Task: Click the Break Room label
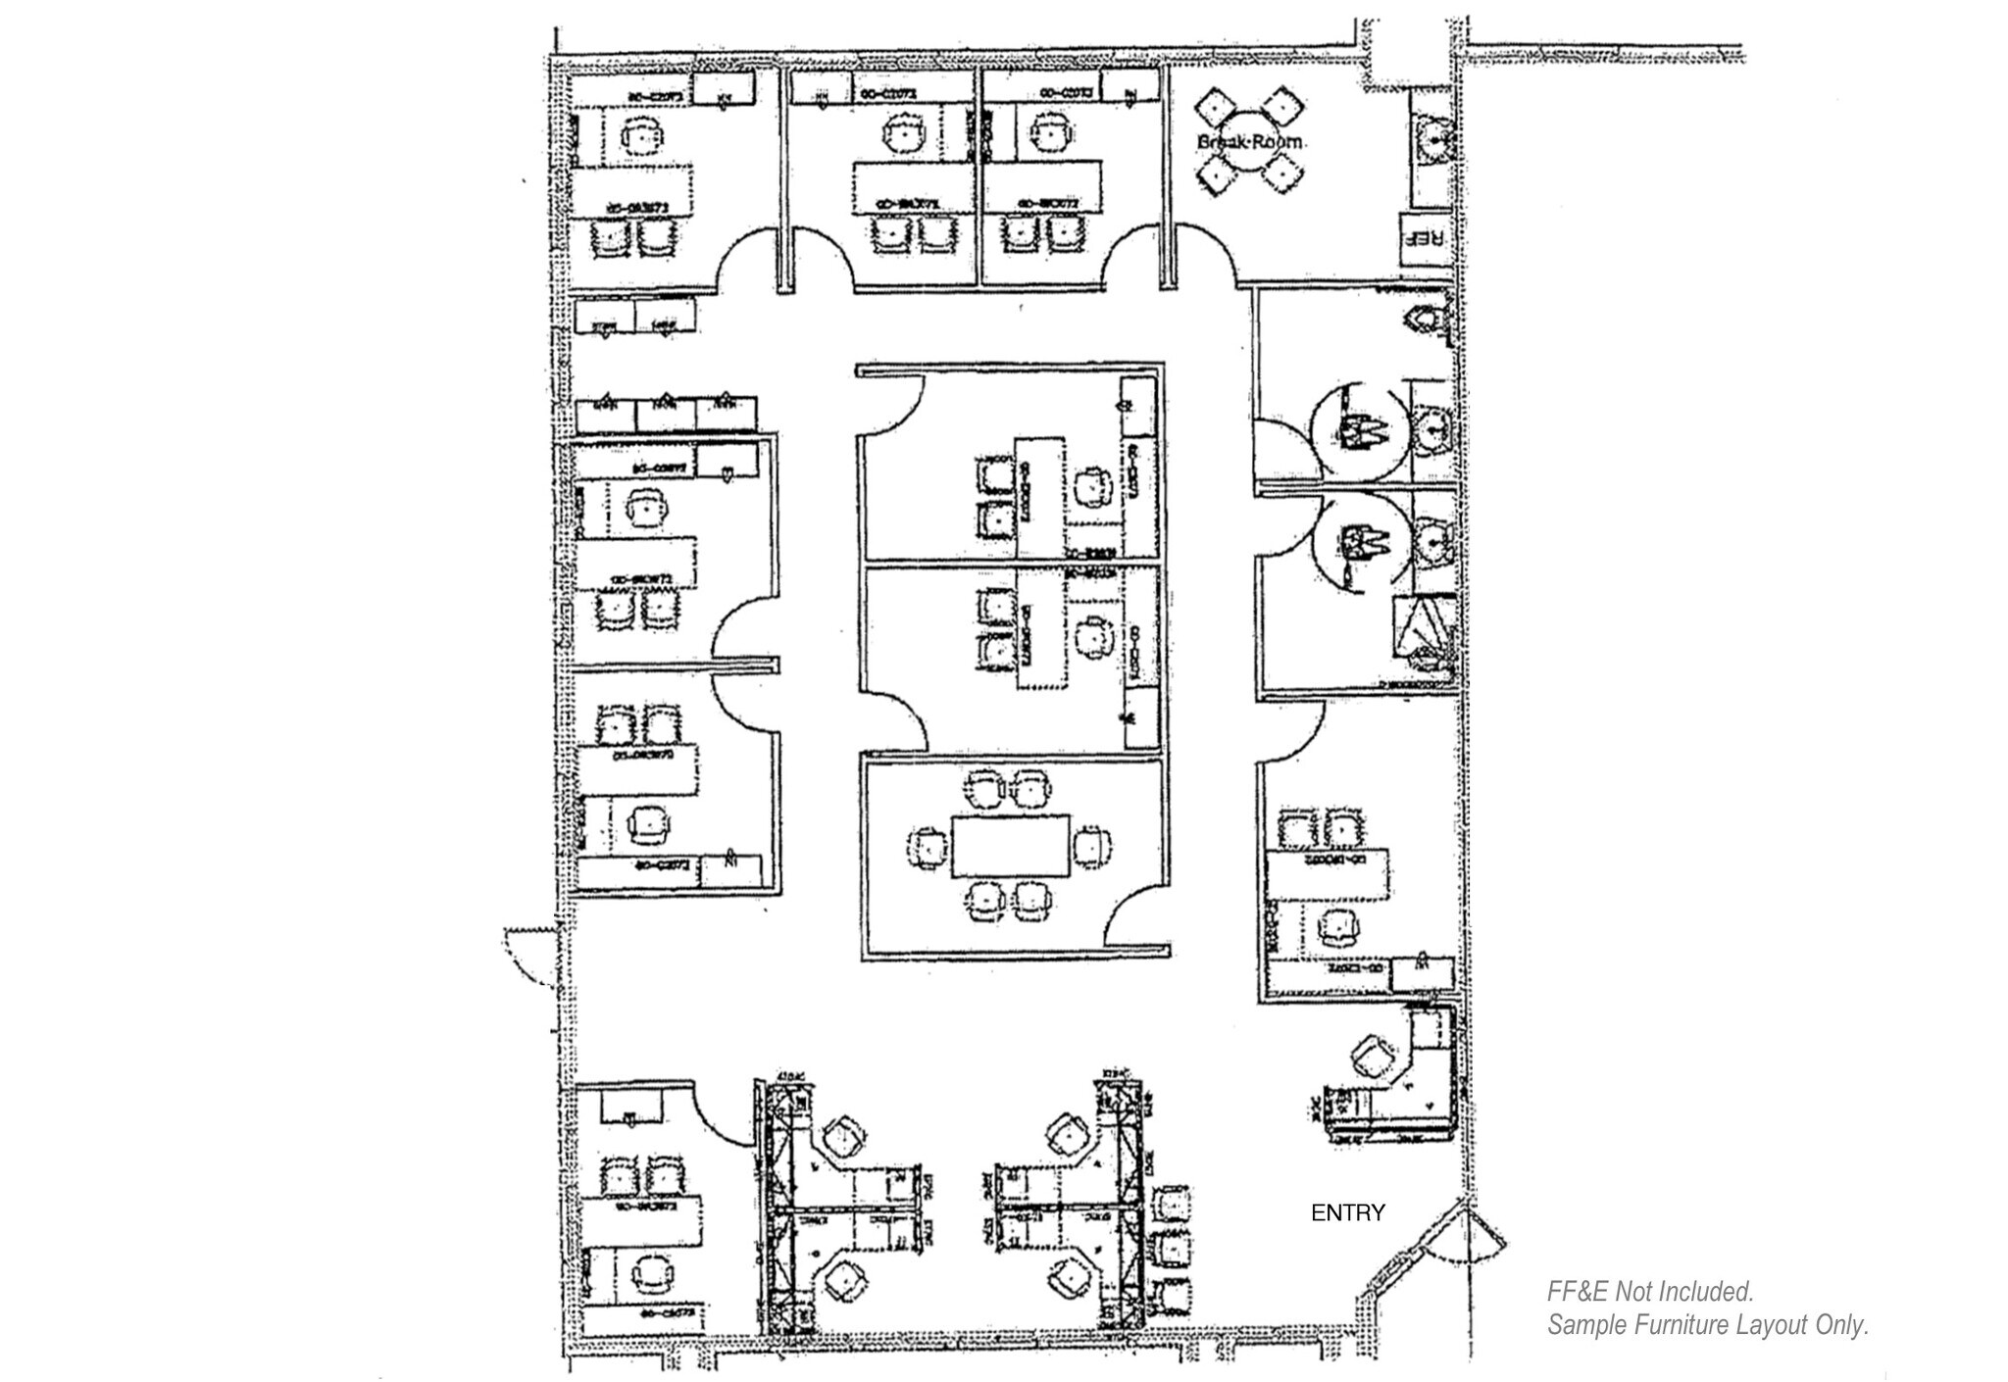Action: click(1250, 142)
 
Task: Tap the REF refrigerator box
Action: click(1422, 238)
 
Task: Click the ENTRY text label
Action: click(1347, 1213)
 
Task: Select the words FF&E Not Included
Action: click(1649, 1291)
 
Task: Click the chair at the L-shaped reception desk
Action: click(1370, 1058)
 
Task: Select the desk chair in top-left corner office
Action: click(641, 136)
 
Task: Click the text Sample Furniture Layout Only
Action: click(1706, 1325)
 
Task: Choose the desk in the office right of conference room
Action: click(1328, 875)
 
